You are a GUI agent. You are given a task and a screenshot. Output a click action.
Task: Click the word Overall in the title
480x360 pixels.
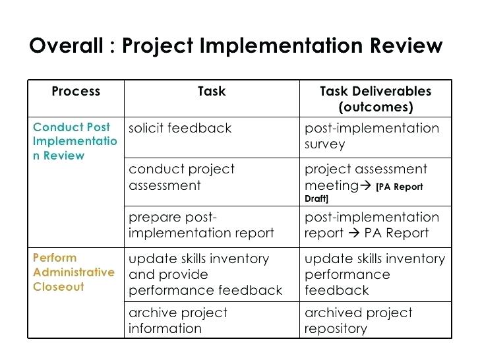point(66,45)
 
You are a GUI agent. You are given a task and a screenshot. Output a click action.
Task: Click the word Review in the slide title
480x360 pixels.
point(406,45)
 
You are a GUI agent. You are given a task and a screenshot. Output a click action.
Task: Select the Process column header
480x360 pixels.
point(76,91)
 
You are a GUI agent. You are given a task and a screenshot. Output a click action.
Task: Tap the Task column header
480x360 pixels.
point(212,91)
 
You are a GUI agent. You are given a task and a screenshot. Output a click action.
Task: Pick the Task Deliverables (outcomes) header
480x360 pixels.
point(376,99)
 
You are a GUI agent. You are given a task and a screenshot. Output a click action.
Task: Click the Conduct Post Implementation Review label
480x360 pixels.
point(75,141)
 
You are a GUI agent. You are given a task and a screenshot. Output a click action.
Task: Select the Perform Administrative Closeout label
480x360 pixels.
point(74,272)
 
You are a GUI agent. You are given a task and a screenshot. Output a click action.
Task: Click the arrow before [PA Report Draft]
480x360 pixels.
point(365,185)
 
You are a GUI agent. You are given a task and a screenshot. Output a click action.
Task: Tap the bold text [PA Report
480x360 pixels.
point(400,187)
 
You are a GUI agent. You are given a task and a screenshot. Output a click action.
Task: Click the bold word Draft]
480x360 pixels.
point(316,198)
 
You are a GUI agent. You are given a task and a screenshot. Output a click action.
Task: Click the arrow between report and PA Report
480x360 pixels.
point(354,233)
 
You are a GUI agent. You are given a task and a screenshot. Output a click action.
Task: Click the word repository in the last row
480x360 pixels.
point(336,329)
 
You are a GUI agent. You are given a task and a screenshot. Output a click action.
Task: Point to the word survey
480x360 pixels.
point(325,144)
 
